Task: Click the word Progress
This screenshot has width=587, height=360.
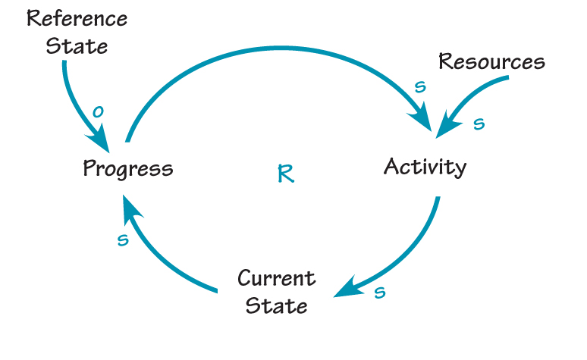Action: [x=127, y=168]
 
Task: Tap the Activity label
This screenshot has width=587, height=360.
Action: [x=425, y=166]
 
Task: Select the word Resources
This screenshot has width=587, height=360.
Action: [x=491, y=62]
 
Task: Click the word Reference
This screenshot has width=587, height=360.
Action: [x=77, y=18]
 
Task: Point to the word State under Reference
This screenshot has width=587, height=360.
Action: [x=77, y=45]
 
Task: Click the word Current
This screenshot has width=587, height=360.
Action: [x=276, y=278]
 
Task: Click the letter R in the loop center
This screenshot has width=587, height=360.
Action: [x=285, y=174]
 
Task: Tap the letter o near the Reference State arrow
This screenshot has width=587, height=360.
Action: [x=97, y=112]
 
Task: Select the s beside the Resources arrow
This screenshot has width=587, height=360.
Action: [x=479, y=124]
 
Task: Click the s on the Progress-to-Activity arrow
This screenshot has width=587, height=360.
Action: [x=420, y=87]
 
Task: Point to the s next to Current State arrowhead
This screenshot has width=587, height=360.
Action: [x=381, y=292]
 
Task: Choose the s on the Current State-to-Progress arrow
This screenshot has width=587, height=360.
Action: [x=123, y=239]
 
